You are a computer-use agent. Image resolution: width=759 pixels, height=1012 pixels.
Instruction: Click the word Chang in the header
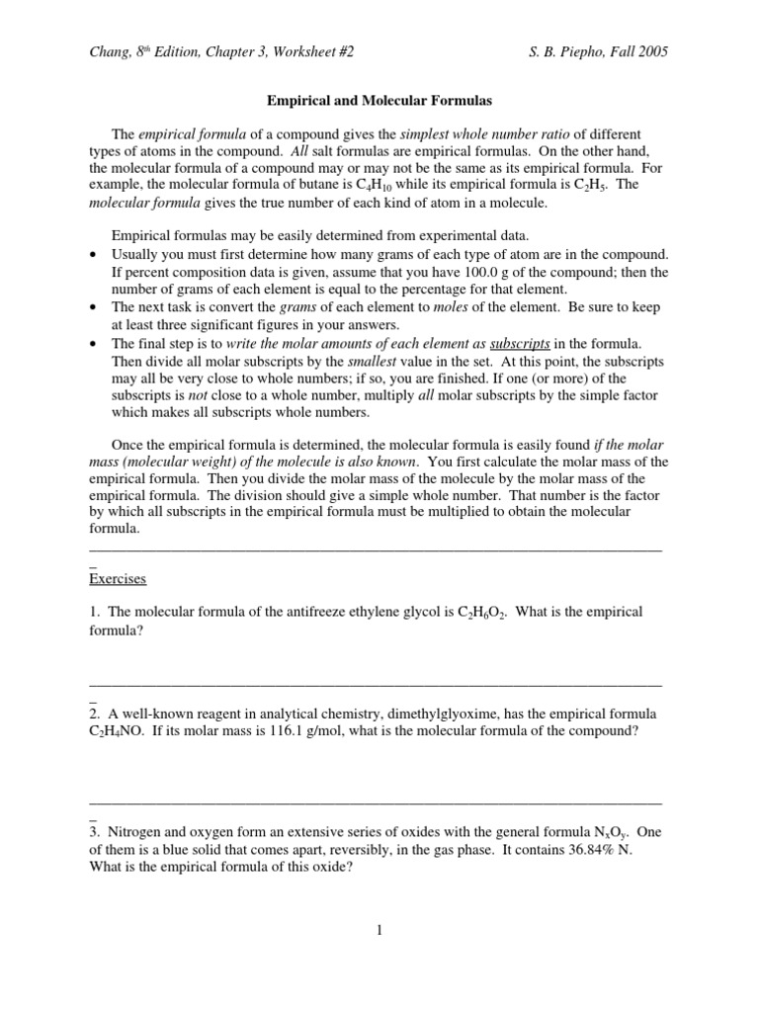click(109, 52)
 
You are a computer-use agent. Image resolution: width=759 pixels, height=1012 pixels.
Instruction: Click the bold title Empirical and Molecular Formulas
click(379, 100)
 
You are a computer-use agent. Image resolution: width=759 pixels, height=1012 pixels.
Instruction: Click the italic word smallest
click(355, 361)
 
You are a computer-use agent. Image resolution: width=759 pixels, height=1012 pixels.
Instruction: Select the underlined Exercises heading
click(118, 577)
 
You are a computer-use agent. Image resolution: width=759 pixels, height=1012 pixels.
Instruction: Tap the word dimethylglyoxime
click(426, 714)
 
